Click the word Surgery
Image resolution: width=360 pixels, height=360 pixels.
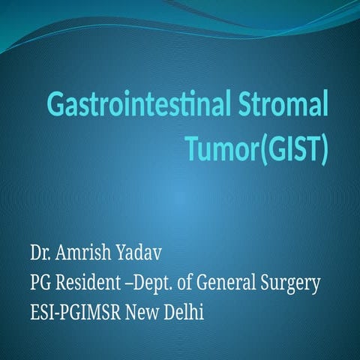(292, 283)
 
